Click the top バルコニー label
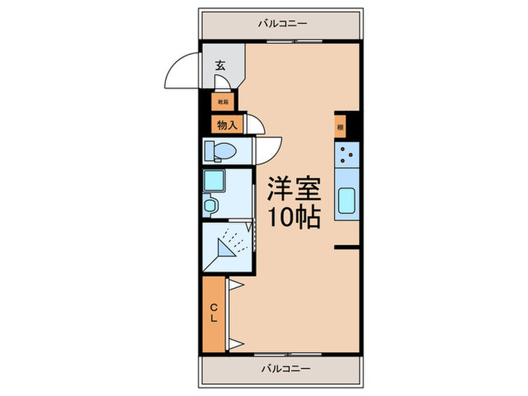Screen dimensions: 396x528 282,24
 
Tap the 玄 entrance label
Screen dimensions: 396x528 220,66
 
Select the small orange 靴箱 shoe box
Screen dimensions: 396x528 223,100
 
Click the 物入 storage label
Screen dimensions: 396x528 226,125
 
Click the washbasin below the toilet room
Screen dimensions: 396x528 210,204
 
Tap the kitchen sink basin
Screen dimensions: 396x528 347,201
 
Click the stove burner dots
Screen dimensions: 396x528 347,157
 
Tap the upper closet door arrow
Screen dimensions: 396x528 234,285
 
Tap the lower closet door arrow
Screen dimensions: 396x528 234,344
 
